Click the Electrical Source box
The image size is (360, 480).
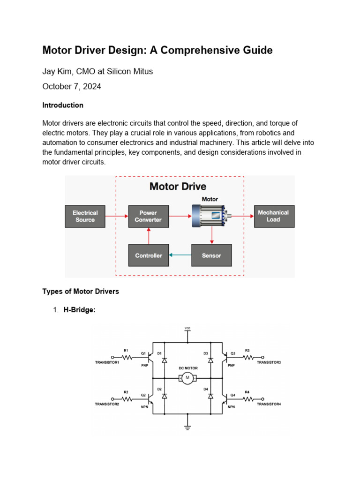tap(85, 216)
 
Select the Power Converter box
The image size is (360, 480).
tap(148, 216)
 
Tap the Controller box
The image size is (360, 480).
tap(148, 255)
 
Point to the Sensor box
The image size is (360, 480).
tap(211, 255)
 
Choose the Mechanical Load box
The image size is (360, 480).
tap(274, 216)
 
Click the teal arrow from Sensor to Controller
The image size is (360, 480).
tap(180, 255)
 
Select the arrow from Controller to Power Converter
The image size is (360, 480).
tap(148, 236)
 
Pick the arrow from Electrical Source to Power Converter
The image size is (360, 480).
tap(116, 216)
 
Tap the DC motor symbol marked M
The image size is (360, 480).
tap(187, 378)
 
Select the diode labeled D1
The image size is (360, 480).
tap(164, 360)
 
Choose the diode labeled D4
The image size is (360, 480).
tap(210, 396)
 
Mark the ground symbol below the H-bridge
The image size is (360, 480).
tap(187, 427)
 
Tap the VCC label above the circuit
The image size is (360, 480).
tap(187, 328)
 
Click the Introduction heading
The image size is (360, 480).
tap(63, 105)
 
